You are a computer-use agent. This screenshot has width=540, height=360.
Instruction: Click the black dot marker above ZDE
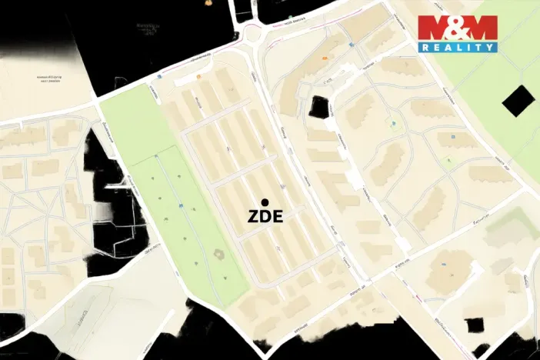click(x=265, y=202)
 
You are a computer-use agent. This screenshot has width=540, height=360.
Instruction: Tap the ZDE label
click(x=265, y=217)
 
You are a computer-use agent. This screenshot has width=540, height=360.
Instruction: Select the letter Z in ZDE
click(x=254, y=217)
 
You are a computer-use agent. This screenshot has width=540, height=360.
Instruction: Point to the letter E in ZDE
click(x=278, y=217)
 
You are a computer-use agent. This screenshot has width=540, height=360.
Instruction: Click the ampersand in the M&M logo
click(x=458, y=28)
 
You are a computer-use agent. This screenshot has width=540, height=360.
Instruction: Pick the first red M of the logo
click(x=434, y=28)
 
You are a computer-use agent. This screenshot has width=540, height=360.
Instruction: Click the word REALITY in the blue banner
click(x=458, y=47)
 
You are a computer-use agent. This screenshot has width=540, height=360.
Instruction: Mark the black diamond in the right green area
click(x=517, y=100)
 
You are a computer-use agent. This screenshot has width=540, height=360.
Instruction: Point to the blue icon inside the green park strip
click(x=180, y=205)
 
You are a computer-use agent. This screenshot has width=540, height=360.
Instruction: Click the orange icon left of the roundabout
click(x=199, y=77)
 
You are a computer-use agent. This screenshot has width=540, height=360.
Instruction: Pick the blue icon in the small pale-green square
click(x=394, y=122)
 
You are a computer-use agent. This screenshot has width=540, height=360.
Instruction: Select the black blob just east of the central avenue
click(x=318, y=107)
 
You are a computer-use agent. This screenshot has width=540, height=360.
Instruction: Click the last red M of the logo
click(x=482, y=28)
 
